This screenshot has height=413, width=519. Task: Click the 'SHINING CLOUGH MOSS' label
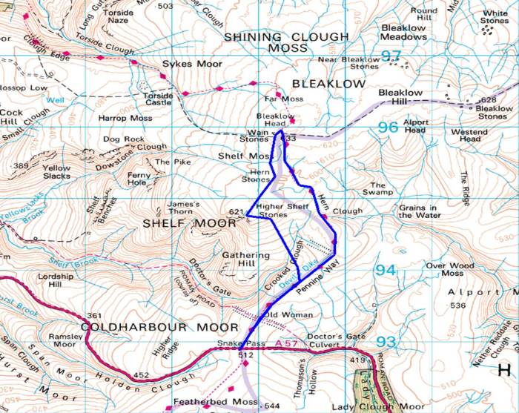(x=285, y=42)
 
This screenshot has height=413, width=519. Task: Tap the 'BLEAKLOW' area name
(x=328, y=85)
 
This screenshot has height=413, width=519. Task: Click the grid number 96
(x=388, y=128)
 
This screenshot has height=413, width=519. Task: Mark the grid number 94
(x=385, y=271)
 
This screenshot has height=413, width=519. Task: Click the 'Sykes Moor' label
(x=192, y=65)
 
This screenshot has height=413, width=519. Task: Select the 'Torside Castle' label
(x=158, y=99)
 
